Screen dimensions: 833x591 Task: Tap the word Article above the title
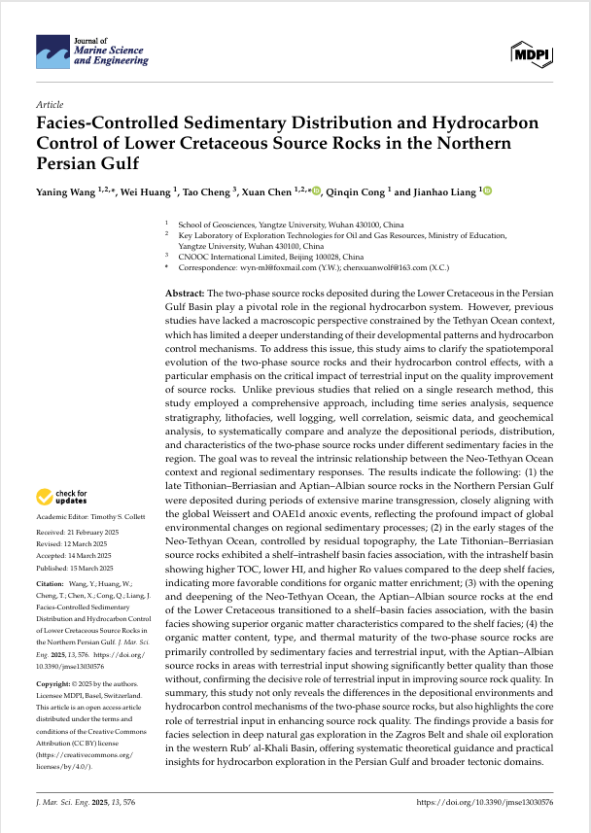(49, 103)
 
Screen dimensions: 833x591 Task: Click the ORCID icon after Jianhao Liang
(488, 191)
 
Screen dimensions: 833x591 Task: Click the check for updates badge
(64, 497)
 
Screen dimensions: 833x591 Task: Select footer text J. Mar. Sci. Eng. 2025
(80, 803)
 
